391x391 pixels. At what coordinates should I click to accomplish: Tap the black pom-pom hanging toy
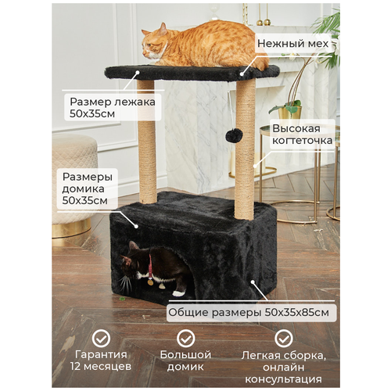tap(235, 135)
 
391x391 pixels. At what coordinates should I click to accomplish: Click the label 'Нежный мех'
tap(292, 44)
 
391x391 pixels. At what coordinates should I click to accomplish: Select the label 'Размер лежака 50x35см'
tap(113, 107)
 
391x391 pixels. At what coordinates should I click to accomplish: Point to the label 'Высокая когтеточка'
tap(303, 135)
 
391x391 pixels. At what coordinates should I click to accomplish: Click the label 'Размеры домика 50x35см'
tap(88, 188)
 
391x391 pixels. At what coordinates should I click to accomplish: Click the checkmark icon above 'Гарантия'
tap(101, 339)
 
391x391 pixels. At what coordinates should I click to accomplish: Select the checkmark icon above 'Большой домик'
tap(185, 339)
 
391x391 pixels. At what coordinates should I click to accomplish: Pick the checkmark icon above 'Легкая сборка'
tap(284, 339)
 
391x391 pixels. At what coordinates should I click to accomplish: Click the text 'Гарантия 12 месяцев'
tap(101, 361)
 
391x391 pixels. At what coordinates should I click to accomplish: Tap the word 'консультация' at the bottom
tap(283, 379)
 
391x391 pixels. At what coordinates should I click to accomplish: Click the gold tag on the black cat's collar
tap(150, 282)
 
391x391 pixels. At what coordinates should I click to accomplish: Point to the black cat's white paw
tap(178, 293)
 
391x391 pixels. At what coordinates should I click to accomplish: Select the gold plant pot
tap(290, 113)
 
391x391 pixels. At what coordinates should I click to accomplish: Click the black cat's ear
tap(134, 246)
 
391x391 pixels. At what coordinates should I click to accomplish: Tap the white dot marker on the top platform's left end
tap(138, 72)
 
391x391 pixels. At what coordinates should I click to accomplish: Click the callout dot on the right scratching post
tap(255, 166)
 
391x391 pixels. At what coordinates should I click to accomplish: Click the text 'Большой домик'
tap(185, 361)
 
